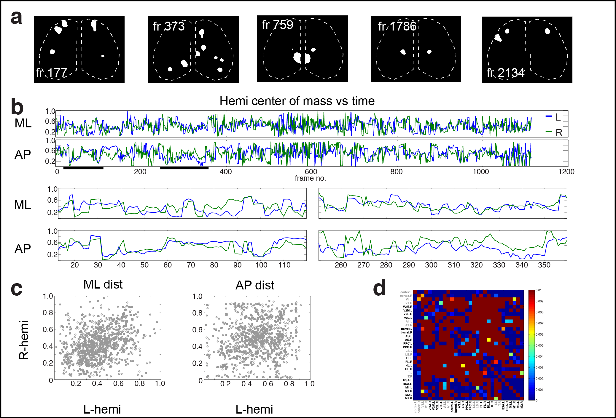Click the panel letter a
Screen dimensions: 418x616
(x=16, y=18)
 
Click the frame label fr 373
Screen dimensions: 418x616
(x=169, y=26)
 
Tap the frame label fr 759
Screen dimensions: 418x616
(x=277, y=25)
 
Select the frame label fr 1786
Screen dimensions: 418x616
(x=397, y=26)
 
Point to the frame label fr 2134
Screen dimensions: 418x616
(x=505, y=73)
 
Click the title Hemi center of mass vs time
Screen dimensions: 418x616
(x=297, y=101)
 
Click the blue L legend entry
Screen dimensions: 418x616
(x=553, y=117)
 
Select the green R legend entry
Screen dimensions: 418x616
(x=554, y=132)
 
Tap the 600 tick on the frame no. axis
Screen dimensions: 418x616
(x=311, y=172)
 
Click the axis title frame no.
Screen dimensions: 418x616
(x=310, y=178)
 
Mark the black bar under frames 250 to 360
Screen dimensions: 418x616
(x=184, y=168)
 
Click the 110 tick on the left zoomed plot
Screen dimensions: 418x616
(x=284, y=265)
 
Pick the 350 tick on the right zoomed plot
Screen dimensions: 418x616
(x=544, y=265)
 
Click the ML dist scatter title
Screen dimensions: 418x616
(x=103, y=284)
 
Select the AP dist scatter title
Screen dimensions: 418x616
(x=254, y=285)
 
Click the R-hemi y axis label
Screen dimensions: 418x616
(x=24, y=340)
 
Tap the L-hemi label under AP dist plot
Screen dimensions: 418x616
(x=254, y=409)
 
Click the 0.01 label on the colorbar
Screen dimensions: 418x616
(x=539, y=290)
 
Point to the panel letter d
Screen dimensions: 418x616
(x=379, y=288)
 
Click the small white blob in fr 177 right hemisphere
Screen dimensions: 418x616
(x=103, y=56)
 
